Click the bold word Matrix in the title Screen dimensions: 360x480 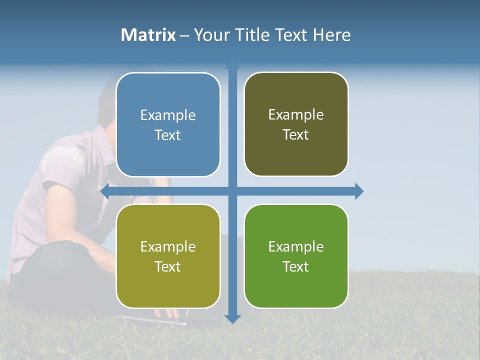tap(148, 35)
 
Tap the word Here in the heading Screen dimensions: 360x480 tap(332, 35)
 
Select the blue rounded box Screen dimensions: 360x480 tap(168, 155)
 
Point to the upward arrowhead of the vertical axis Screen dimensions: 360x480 tap(232, 65)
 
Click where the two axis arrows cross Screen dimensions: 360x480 tap(232, 191)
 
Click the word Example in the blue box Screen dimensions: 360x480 tap(168, 115)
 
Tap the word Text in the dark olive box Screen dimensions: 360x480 tap(295, 135)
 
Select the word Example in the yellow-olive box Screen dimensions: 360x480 tap(168, 247)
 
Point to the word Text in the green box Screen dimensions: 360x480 tap(295, 267)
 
